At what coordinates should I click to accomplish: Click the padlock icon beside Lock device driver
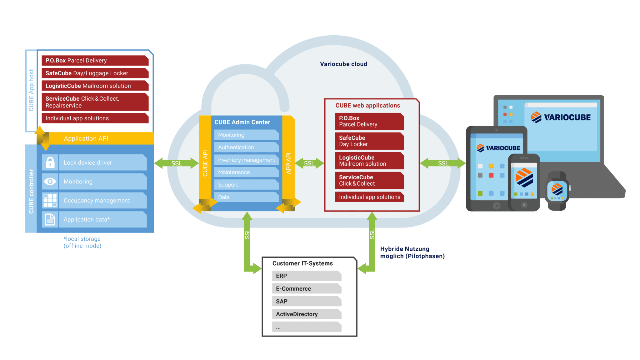click(x=50, y=162)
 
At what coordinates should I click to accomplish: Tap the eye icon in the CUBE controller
click(x=50, y=182)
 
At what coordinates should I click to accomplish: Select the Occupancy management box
click(x=102, y=201)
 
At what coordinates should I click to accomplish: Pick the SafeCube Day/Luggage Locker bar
click(x=95, y=73)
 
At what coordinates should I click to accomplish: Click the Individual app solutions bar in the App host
click(x=95, y=118)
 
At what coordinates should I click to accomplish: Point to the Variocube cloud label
click(x=343, y=64)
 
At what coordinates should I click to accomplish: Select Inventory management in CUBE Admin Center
click(x=246, y=160)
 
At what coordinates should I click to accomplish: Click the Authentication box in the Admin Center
click(x=246, y=147)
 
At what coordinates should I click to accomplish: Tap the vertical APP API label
click(x=288, y=163)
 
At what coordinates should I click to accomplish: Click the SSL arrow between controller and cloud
click(x=177, y=163)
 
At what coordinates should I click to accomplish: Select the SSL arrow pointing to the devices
click(x=443, y=163)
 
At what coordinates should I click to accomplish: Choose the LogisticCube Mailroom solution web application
click(x=369, y=161)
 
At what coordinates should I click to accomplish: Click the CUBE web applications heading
click(x=367, y=106)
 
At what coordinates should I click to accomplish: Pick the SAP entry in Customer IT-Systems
click(x=307, y=301)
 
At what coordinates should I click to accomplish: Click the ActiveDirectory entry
click(x=307, y=314)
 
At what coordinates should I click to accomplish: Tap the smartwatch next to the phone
click(x=557, y=190)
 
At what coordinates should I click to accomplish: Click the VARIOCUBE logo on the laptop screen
click(x=561, y=117)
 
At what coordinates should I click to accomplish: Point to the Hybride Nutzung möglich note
click(x=412, y=252)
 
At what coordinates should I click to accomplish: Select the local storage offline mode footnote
click(x=82, y=242)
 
